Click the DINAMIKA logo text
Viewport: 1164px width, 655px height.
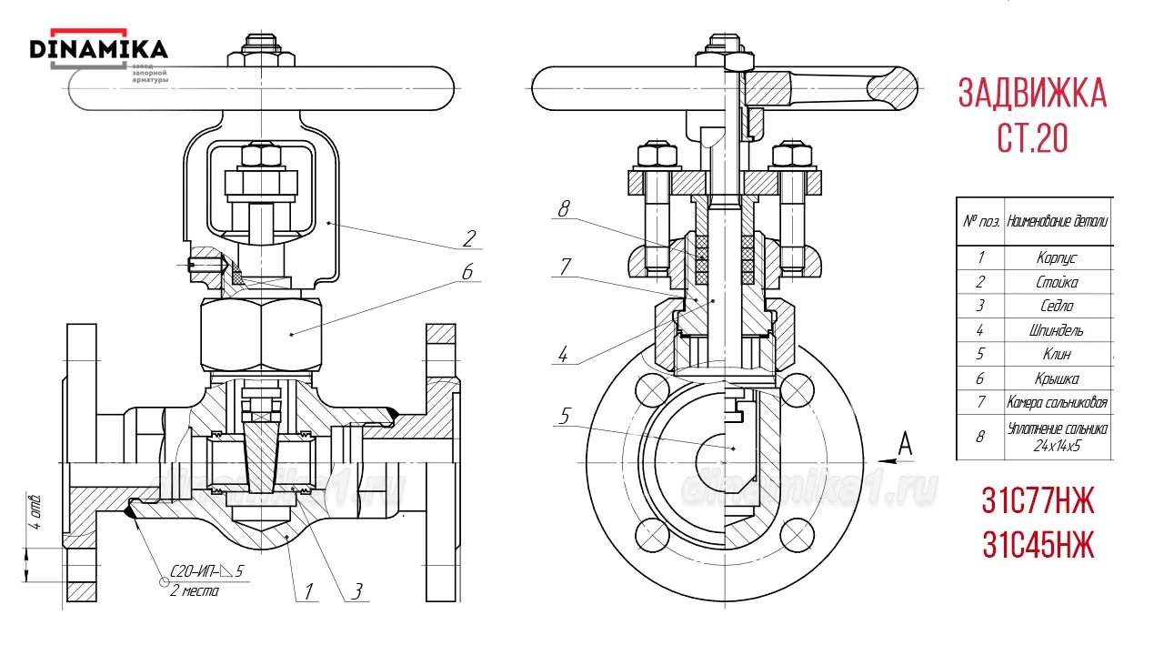99,48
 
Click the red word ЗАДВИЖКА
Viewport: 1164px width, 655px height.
1032,94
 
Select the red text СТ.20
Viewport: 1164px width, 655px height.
1032,138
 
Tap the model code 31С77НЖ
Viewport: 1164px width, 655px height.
1038,500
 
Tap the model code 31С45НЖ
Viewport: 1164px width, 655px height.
1038,545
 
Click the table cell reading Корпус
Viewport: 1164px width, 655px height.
1057,258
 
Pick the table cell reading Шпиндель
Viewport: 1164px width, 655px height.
1057,330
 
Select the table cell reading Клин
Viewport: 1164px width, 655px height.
1057,354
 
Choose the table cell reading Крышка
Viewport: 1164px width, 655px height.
1057,378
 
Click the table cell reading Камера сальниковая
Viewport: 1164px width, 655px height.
1057,402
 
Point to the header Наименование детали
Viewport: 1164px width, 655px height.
1057,221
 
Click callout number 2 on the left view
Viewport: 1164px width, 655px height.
469,238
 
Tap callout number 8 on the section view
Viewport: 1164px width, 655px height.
564,209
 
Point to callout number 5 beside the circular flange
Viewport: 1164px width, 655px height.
565,417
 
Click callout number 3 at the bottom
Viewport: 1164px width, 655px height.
357,592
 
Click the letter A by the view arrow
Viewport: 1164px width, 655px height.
905,443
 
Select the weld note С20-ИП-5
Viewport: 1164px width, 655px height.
207,572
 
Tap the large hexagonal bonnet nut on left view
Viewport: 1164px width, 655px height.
262,334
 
